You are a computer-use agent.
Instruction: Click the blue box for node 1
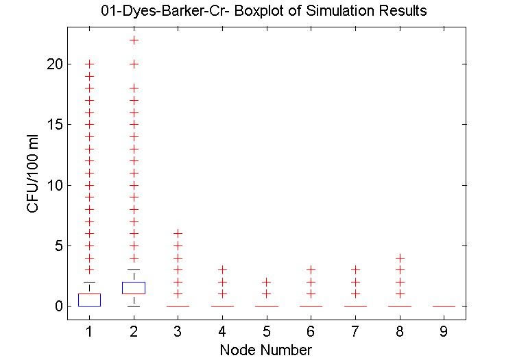[x=90, y=300]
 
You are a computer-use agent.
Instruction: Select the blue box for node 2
[x=134, y=287]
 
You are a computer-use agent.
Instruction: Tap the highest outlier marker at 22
[x=134, y=40]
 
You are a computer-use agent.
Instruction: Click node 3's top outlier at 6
[x=178, y=233]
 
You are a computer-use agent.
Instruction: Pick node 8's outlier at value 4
[x=400, y=258]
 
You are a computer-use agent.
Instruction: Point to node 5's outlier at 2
[x=267, y=282]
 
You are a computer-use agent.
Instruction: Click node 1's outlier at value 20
[x=90, y=64]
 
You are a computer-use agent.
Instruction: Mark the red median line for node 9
[x=444, y=306]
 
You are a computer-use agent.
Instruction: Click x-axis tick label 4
[x=222, y=332]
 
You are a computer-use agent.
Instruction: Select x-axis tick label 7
[x=355, y=332]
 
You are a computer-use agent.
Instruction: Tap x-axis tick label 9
[x=444, y=332]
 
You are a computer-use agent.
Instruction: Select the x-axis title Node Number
[x=266, y=350]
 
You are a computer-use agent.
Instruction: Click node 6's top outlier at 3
[x=311, y=269]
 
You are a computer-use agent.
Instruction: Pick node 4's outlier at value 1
[x=222, y=293]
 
